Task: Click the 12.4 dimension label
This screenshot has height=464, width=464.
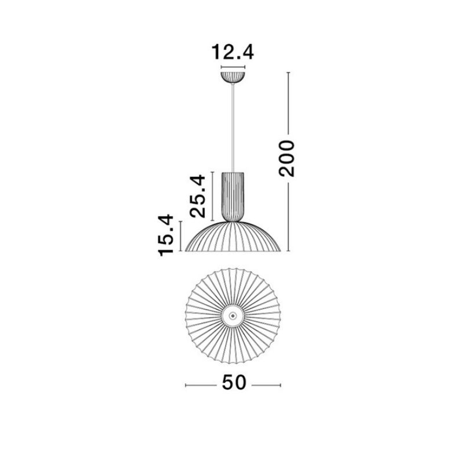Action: [233, 52]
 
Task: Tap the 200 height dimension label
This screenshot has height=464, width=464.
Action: [287, 158]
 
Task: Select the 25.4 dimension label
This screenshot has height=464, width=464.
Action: [198, 196]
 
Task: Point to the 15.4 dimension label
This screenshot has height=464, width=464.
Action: [165, 235]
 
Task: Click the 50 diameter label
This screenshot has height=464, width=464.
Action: [234, 382]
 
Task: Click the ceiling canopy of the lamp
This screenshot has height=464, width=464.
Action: [233, 77]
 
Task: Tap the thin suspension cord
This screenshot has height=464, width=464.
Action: [233, 128]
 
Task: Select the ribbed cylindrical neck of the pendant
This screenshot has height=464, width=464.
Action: [233, 197]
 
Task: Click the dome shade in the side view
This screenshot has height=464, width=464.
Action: [233, 237]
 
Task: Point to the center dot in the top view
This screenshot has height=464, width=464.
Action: [233, 316]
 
